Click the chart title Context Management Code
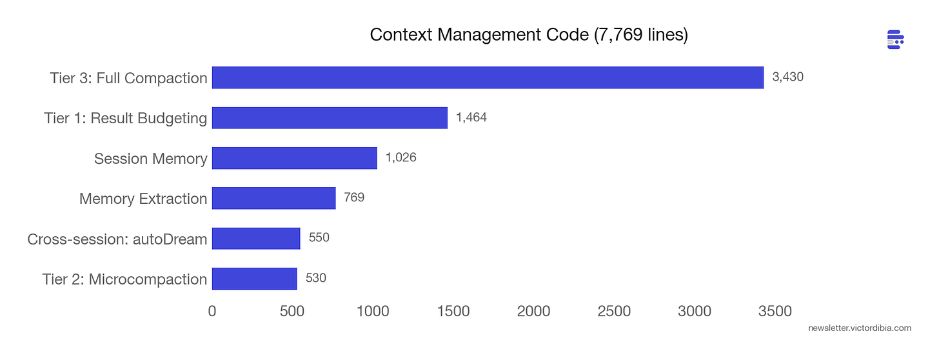[529, 35]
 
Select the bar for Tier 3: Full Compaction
[488, 77]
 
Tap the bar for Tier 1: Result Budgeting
[330, 117]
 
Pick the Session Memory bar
[294, 158]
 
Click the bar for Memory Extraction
[273, 198]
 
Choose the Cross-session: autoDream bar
[256, 238]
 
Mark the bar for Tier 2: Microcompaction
[254, 279]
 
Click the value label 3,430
[787, 77]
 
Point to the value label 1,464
[471, 117]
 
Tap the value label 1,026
[400, 158]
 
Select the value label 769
[354, 197]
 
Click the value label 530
[315, 278]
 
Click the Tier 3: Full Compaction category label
[128, 78]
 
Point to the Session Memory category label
[150, 159]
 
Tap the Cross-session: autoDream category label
[117, 239]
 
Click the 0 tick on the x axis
[212, 312]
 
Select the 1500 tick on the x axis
[453, 312]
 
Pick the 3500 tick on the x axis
[775, 312]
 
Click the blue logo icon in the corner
[895, 39]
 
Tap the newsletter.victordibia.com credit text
[859, 328]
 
